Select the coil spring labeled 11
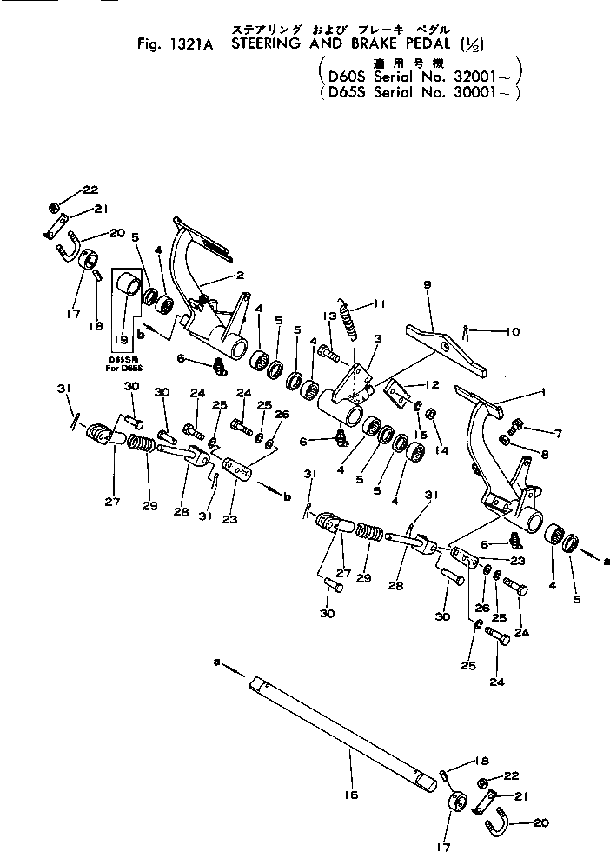(349, 321)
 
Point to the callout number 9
(428, 284)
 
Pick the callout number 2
(241, 275)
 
